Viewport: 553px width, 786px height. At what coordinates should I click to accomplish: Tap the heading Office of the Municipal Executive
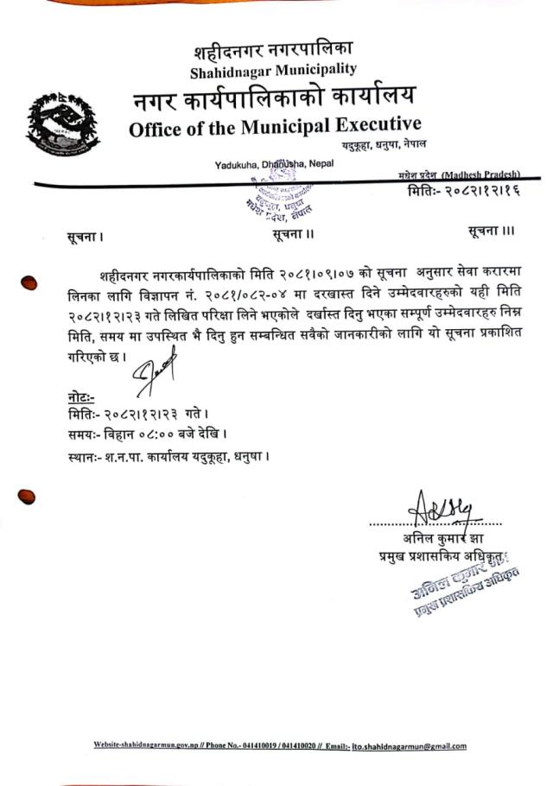point(275,129)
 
